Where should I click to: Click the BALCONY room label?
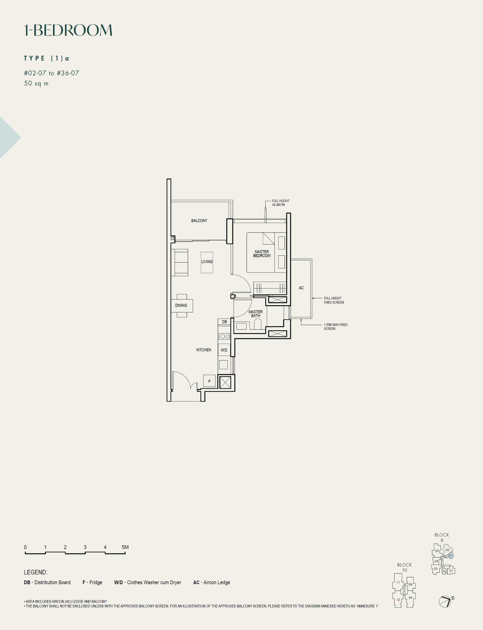[199, 221]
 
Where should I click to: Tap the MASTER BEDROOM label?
[262, 254]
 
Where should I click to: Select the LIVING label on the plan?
[207, 262]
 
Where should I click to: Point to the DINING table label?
[181, 305]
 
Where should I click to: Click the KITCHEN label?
[204, 350]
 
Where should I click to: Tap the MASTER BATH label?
[256, 314]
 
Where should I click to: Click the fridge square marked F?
[209, 381]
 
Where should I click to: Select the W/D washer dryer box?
[224, 350]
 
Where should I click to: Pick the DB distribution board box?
[224, 322]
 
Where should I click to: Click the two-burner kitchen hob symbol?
[225, 336]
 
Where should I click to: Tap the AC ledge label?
[301, 288]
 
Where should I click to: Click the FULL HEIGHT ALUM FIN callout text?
[281, 203]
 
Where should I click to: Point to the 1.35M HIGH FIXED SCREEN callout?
[336, 327]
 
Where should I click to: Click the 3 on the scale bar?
[85, 547]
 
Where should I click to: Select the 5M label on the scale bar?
[125, 547]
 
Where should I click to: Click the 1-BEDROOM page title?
[68, 30]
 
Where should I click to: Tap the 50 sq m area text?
[36, 83]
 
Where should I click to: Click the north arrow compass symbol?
[446, 601]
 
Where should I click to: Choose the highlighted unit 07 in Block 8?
[450, 555]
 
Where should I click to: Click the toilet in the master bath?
[257, 324]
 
